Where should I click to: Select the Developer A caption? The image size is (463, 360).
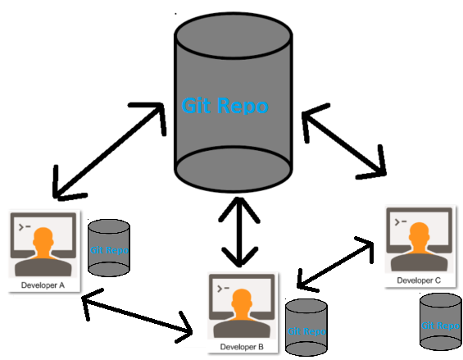coord(43,286)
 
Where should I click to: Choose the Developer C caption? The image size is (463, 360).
coord(419,280)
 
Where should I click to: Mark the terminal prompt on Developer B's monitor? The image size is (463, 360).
coord(221,286)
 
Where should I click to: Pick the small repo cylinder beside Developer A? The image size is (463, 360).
coord(109,248)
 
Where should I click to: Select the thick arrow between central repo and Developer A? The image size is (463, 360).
coord(107,152)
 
